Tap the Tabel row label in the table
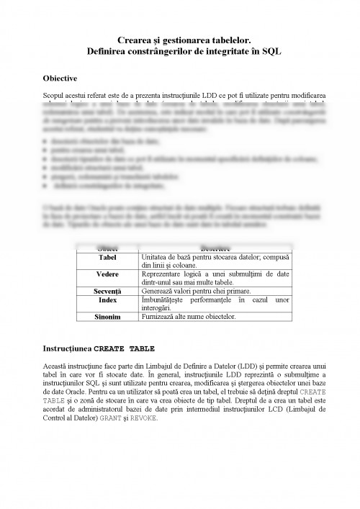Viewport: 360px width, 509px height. [x=107, y=257]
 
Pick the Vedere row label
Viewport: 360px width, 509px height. [x=107, y=274]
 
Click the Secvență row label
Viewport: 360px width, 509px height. [x=107, y=289]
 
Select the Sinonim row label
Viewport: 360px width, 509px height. [x=107, y=316]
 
